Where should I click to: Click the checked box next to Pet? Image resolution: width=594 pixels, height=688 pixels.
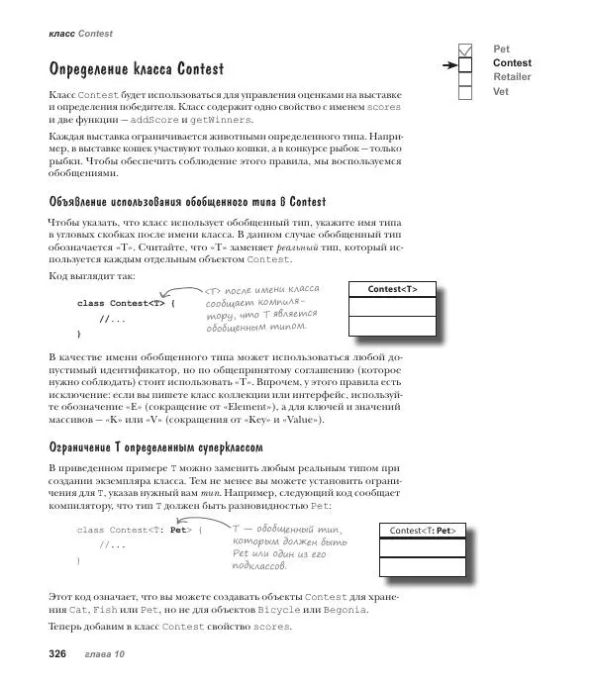465,49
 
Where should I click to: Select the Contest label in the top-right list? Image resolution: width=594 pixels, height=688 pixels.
512,63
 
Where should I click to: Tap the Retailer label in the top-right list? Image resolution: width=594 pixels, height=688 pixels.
512,77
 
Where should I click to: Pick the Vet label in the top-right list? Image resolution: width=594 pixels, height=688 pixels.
501,91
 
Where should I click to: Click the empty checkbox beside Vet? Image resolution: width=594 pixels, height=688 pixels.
465,92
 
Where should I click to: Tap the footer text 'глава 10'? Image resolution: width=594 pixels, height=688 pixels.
105,654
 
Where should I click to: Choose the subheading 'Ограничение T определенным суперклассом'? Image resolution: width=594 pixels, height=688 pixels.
155,447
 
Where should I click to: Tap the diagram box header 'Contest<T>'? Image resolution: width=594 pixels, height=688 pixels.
392,289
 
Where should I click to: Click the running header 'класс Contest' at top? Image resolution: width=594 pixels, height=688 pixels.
80,34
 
